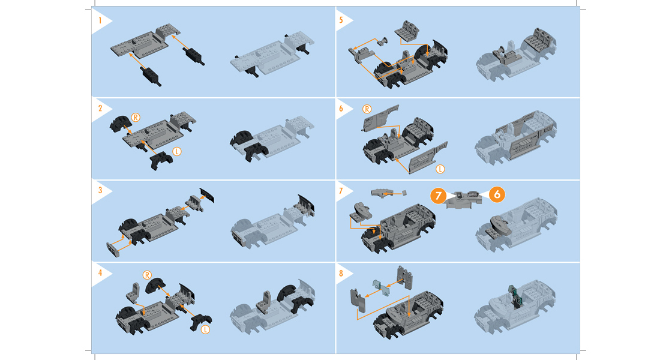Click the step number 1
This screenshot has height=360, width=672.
tap(100, 20)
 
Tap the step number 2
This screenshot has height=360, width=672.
tap(100, 108)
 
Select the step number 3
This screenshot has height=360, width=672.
tap(100, 190)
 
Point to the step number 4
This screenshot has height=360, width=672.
tap(100, 272)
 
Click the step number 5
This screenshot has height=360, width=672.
tap(341, 20)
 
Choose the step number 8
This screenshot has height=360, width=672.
tap(341, 272)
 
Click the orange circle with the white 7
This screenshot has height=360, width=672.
tap(438, 196)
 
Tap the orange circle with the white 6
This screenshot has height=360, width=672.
tap(497, 194)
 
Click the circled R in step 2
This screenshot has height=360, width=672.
tap(136, 118)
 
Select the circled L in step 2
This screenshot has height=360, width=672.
tap(177, 151)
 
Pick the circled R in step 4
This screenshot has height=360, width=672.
tap(147, 275)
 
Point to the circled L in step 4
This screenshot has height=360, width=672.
tap(205, 329)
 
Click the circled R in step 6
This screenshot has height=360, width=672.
tap(367, 109)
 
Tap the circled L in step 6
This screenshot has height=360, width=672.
tap(440, 169)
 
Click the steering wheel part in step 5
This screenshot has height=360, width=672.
tap(381, 41)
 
